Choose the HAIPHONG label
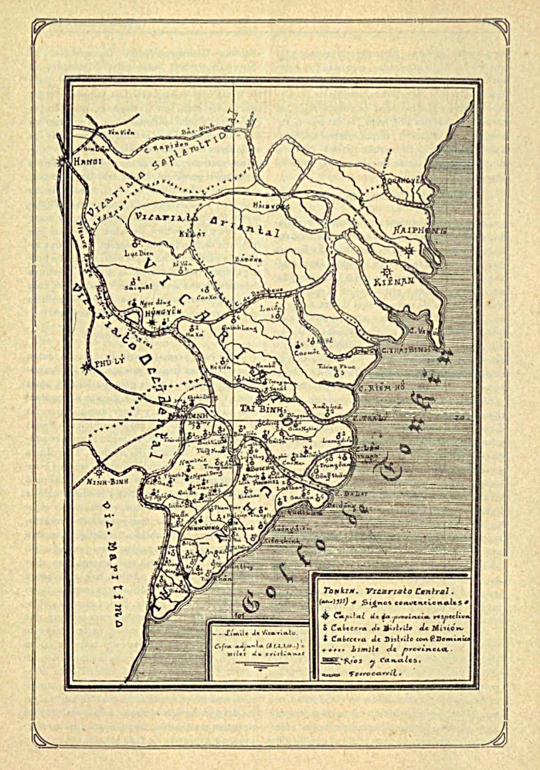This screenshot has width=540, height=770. point(420,230)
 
